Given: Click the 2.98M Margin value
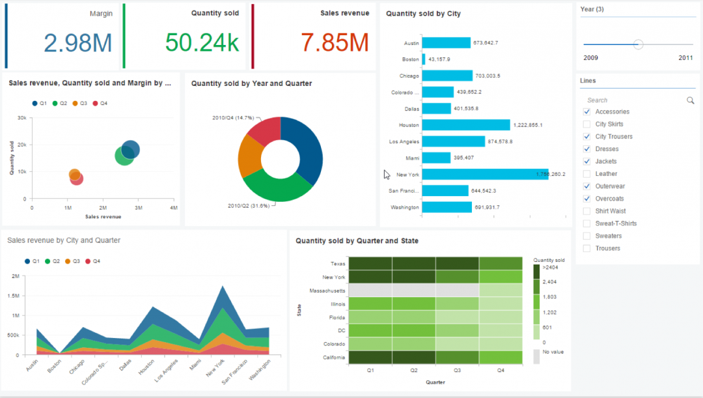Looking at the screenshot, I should click(78, 42).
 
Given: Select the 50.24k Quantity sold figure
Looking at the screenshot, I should click(202, 42).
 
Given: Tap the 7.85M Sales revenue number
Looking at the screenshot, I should click(335, 42).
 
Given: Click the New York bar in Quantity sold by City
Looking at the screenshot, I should click(485, 175).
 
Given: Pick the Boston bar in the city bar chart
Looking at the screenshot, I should click(424, 59).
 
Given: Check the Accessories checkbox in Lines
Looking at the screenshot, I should click(587, 112).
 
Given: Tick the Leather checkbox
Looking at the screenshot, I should click(587, 174).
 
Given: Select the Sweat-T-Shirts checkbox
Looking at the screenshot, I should click(587, 223).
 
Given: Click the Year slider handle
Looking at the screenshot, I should click(639, 44).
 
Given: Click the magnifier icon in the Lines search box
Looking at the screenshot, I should click(690, 100).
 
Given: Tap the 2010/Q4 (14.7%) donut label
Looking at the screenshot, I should click(232, 118).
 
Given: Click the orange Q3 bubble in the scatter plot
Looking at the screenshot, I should click(75, 175).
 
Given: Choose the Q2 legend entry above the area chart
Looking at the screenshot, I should click(52, 261).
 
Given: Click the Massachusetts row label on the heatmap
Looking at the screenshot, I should click(327, 291).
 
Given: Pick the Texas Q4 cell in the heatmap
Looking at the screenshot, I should click(501, 263).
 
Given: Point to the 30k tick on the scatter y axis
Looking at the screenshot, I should click(21, 118).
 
